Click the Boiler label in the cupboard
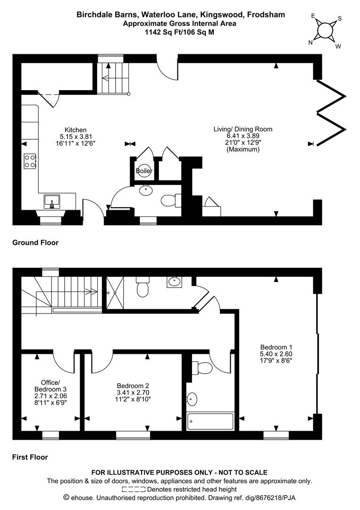point(143,170)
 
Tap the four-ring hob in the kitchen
point(30,161)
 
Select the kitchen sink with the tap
point(51,201)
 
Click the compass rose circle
point(325,31)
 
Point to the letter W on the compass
point(338,46)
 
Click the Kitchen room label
point(75,130)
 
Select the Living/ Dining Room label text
point(243,129)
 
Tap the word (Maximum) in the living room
point(243,150)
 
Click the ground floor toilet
point(171,200)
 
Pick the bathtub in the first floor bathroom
point(210,422)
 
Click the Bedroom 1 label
point(274,347)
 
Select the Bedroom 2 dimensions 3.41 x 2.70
point(133,392)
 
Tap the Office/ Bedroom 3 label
point(50,386)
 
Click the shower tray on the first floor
point(115,293)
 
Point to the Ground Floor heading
point(35,243)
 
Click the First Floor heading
point(30,457)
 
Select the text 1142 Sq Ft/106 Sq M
point(179,32)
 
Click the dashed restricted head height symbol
point(134,489)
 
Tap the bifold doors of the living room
point(331,112)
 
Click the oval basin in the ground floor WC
point(146,190)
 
